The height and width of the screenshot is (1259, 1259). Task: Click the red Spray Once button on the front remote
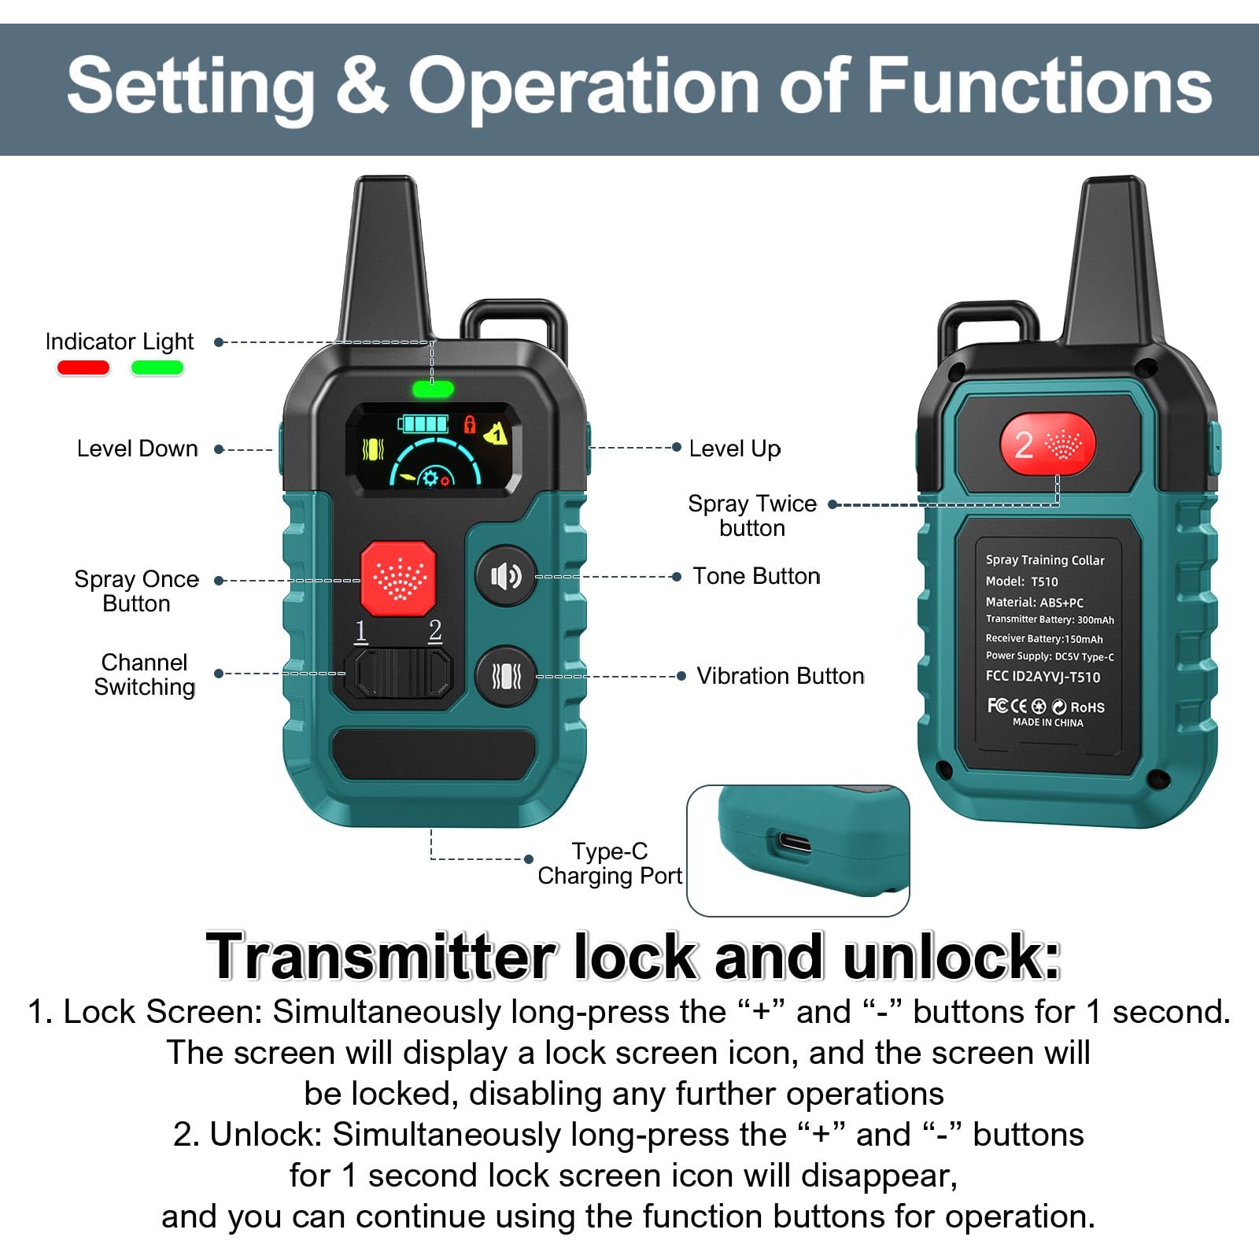pos(398,578)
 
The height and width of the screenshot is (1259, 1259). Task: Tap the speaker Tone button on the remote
pos(506,576)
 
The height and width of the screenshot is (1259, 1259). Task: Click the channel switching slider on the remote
pos(404,673)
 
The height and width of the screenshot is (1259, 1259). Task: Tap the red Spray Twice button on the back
pos(1047,445)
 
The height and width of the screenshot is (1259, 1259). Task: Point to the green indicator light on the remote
pos(433,388)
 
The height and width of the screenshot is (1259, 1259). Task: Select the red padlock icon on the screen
pos(470,425)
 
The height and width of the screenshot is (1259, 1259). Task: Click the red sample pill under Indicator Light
pos(83,367)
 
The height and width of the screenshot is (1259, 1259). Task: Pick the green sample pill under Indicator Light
pos(157,367)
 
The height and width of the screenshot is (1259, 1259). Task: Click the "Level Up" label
pos(734,449)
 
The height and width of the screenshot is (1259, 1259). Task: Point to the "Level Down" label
pos(138,449)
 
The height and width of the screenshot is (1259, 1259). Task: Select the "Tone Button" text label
pos(756,576)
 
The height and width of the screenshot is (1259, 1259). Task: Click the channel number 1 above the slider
pos(361,631)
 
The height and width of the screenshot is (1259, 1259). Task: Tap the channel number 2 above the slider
pos(435,631)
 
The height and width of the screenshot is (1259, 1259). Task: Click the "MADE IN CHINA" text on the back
pos(1047,722)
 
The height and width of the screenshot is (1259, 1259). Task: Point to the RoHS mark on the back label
pos(1087,707)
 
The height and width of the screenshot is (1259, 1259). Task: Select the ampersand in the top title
pos(362,85)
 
